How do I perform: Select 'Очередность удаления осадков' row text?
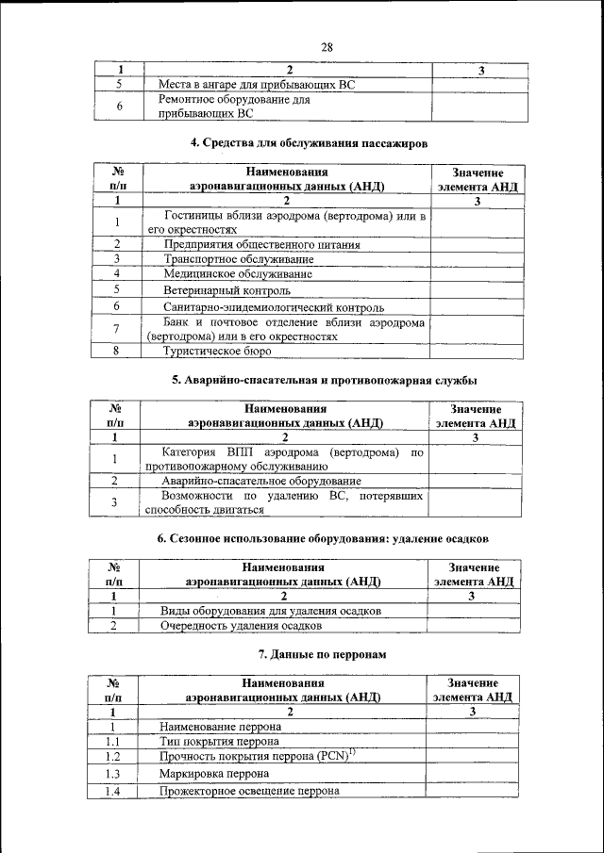click(241, 625)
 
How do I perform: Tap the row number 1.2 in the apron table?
click(112, 757)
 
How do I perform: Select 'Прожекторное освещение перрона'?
click(249, 791)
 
